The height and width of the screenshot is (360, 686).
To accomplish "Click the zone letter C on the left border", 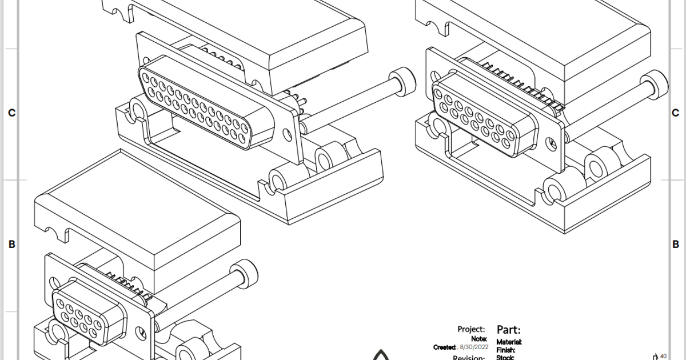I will (11, 113).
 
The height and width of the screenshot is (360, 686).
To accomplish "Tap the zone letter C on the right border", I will (675, 113).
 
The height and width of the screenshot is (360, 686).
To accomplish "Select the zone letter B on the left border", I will (11, 245).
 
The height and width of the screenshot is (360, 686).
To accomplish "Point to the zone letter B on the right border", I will (675, 245).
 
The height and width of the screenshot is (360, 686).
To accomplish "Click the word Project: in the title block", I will (471, 329).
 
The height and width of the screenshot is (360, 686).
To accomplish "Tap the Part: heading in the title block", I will (508, 330).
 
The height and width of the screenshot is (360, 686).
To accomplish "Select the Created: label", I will (445, 347).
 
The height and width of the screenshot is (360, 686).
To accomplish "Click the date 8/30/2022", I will (474, 347).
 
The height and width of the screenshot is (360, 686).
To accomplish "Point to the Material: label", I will (509, 342).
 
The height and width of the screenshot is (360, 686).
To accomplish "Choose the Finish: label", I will (505, 350).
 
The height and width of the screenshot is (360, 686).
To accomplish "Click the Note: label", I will (478, 339).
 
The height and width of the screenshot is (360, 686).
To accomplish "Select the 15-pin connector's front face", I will (486, 117).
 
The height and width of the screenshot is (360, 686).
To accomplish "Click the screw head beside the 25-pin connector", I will (402, 81).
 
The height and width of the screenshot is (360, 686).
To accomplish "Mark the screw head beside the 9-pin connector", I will (244, 273).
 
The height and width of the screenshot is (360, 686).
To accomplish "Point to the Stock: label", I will (505, 358).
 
